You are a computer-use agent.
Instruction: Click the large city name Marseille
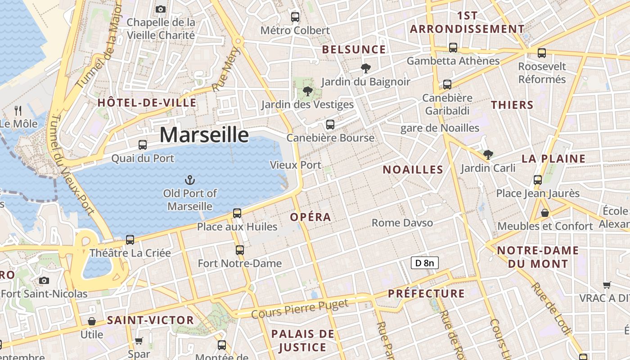click(204, 135)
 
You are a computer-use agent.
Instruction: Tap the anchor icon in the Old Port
click(190, 180)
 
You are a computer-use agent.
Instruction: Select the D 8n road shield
click(424, 263)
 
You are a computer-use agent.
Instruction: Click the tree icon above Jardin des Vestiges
click(308, 91)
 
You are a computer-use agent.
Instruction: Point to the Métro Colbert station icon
click(295, 17)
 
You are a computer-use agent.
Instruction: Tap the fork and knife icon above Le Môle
click(18, 110)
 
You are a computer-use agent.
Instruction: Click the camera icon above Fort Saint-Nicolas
click(44, 280)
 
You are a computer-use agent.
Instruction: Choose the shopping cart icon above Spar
click(139, 341)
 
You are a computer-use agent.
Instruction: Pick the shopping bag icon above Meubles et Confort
click(545, 212)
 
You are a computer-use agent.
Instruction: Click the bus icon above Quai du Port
click(143, 144)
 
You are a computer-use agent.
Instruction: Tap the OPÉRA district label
click(310, 217)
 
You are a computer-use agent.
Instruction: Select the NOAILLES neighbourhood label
click(413, 170)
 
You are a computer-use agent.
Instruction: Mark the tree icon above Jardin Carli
click(488, 155)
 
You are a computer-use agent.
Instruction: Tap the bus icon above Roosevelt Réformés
click(542, 53)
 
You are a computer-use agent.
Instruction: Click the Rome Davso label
click(402, 223)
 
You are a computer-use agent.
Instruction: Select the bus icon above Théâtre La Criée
click(130, 239)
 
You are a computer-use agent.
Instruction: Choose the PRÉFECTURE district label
click(426, 293)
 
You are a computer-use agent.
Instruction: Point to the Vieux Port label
click(296, 165)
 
